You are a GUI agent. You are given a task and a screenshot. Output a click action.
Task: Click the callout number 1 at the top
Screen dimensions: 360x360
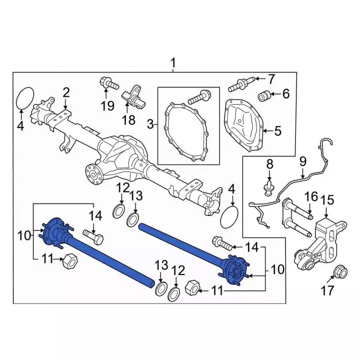click(x=173, y=62)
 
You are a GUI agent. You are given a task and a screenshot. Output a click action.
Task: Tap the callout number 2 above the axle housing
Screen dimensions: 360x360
click(x=66, y=92)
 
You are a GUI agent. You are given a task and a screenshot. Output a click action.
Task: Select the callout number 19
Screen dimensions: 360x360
click(x=107, y=106)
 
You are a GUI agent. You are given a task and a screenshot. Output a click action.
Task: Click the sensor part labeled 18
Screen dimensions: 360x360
click(x=134, y=98)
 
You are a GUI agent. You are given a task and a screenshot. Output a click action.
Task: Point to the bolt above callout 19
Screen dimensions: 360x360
click(x=110, y=84)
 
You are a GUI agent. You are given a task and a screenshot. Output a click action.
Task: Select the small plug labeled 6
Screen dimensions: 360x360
click(x=264, y=96)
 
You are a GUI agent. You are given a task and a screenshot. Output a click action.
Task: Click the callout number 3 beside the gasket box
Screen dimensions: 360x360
click(x=151, y=124)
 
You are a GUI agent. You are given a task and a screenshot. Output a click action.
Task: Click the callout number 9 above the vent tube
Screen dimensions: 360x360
click(x=303, y=161)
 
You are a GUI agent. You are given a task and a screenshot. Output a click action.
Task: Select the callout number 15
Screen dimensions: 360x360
click(x=327, y=200)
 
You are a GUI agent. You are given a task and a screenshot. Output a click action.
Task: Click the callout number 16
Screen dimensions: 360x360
click(x=311, y=196)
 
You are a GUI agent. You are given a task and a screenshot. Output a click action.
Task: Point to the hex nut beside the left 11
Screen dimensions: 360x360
click(x=70, y=261)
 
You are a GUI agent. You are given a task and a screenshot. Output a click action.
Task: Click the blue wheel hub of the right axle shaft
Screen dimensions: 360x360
click(x=235, y=269)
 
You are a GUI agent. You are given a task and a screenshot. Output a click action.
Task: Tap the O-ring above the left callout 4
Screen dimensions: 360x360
click(x=25, y=97)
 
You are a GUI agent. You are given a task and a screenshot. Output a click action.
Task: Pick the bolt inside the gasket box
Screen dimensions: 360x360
click(x=199, y=97)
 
